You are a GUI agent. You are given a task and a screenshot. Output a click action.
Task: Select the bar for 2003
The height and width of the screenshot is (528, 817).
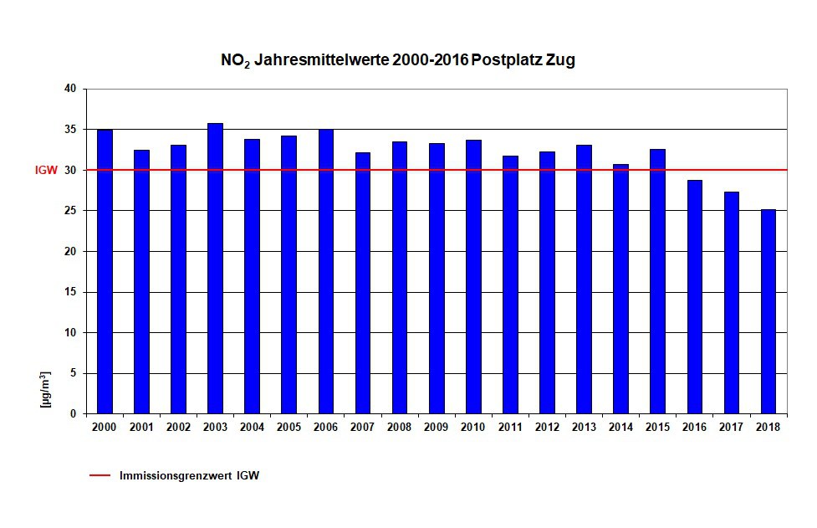pos(215,268)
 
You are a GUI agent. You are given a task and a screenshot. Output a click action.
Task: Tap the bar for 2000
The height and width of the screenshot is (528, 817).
pos(105,271)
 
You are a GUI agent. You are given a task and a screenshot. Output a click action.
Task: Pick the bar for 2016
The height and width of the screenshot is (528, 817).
pos(695,296)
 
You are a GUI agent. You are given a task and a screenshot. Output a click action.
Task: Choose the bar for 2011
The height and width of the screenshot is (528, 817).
pos(510,285)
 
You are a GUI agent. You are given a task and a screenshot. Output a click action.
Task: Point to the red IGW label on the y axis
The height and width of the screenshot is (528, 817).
pos(46,170)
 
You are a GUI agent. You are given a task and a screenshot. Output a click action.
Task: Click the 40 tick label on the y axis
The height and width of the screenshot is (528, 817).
pos(70,89)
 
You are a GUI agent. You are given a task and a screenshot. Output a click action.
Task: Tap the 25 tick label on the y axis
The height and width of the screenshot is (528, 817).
pos(70,211)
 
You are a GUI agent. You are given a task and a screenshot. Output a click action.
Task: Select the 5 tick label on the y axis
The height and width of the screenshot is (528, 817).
pos(73,373)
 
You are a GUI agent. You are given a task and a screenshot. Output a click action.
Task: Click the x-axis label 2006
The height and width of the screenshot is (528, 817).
pos(325,427)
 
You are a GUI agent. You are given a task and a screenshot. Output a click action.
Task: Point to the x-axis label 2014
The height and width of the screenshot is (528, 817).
pos(620,427)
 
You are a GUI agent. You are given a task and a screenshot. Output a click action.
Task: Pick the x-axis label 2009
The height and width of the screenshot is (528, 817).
pos(437,427)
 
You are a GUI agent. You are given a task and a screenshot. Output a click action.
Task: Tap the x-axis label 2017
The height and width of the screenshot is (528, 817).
pos(732,427)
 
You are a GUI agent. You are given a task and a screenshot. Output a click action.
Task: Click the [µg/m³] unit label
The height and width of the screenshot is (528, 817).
pos(47,388)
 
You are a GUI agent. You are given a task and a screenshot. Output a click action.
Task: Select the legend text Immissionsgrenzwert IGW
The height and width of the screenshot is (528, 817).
pos(189,475)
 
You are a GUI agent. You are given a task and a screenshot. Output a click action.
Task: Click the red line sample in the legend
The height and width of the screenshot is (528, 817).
pos(100,475)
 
